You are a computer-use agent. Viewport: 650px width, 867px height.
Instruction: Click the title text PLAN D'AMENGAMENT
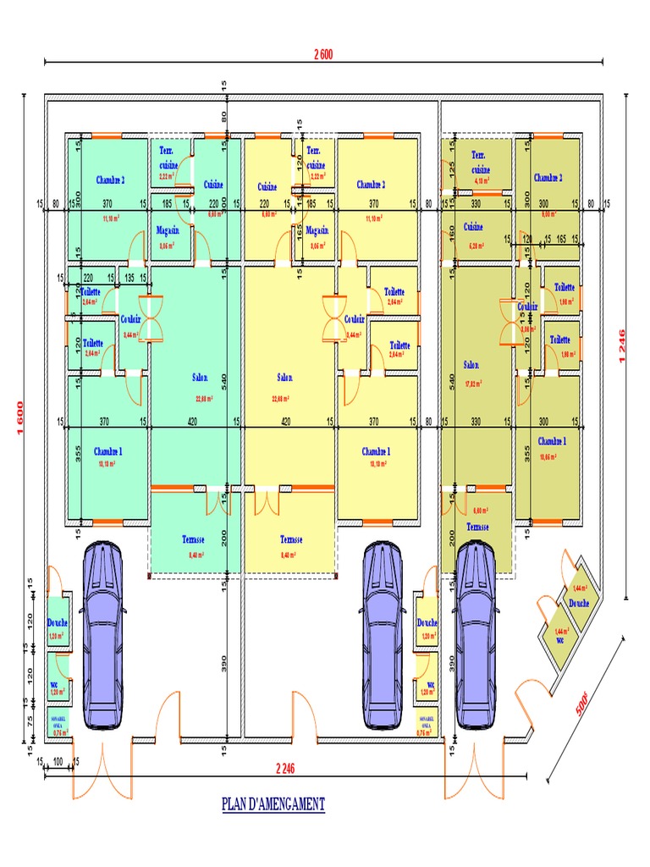(x=273, y=803)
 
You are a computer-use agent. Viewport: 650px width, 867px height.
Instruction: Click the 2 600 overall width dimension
(x=322, y=55)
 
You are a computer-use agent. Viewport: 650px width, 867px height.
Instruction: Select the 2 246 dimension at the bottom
(x=290, y=768)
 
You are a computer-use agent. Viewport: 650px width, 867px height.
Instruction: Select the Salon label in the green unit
(x=200, y=378)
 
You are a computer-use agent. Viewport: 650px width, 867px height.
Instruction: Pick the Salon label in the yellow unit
(x=285, y=378)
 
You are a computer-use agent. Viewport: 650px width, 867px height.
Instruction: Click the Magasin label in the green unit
(x=168, y=229)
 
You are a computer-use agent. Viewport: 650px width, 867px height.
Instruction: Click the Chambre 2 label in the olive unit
(x=548, y=178)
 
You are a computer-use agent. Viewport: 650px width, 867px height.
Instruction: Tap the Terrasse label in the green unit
(x=194, y=539)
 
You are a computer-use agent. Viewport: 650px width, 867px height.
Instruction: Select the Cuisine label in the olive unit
(x=472, y=227)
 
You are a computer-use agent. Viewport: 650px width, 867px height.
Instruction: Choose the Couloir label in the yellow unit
(x=355, y=319)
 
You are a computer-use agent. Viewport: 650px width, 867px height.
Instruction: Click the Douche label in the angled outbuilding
(x=579, y=603)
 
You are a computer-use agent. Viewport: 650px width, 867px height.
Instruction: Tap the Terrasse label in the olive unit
(x=477, y=527)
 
